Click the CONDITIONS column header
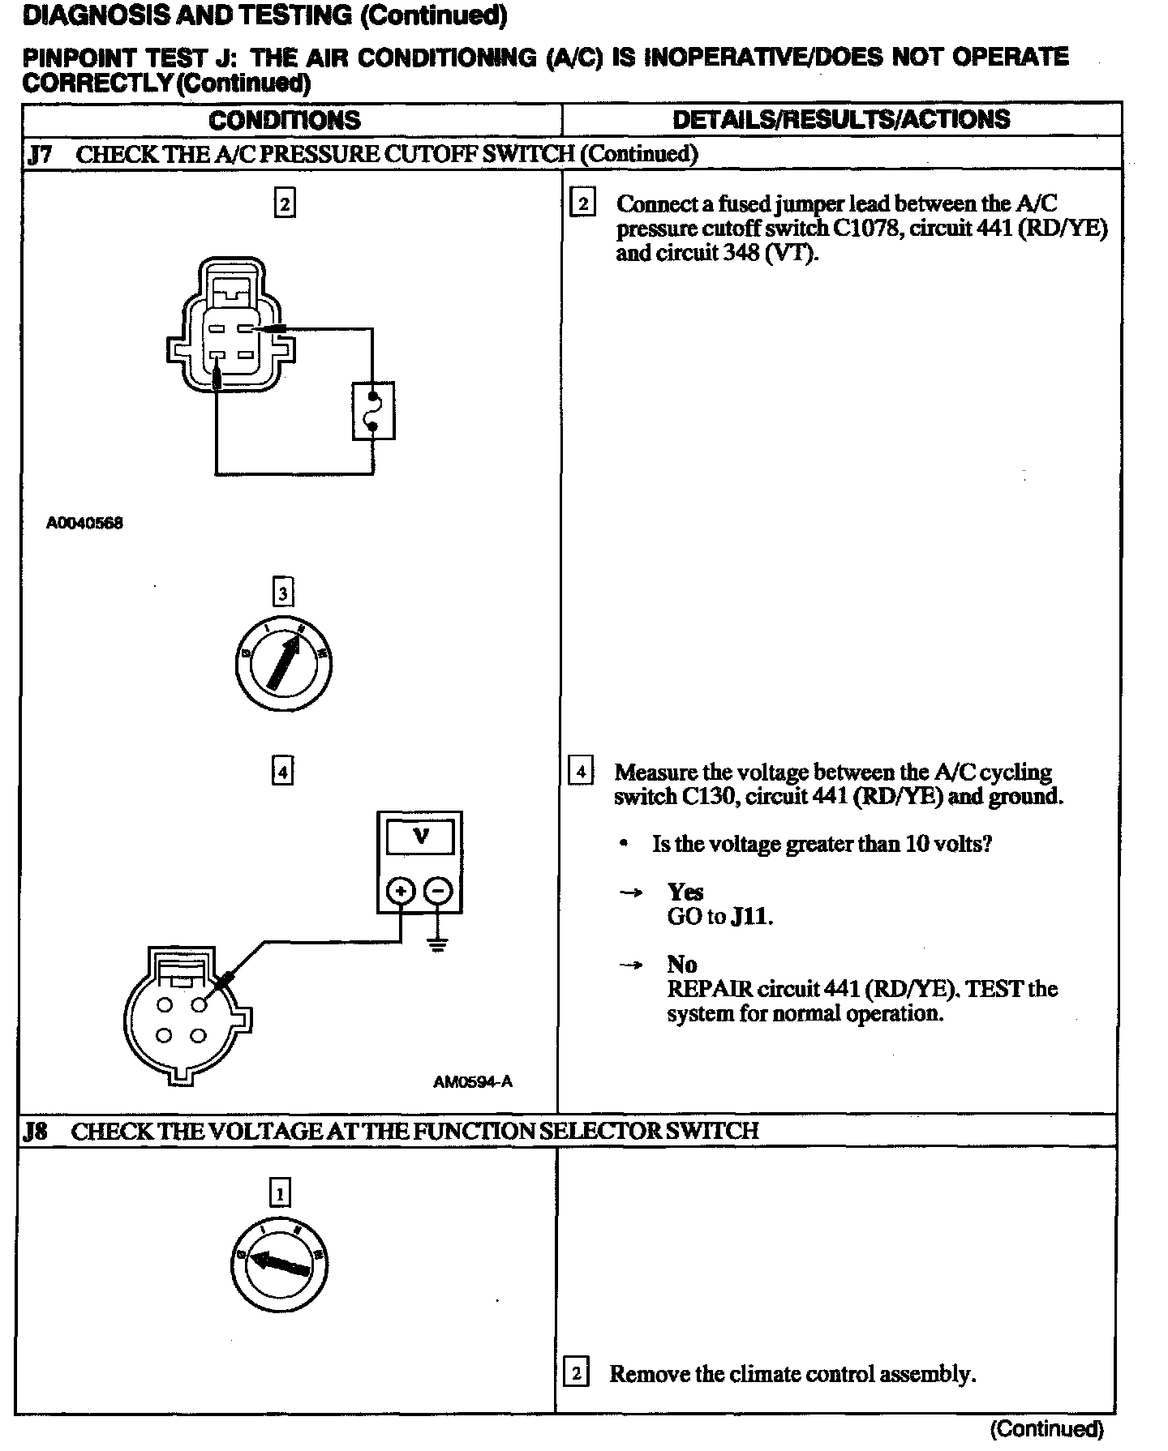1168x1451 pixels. (x=285, y=120)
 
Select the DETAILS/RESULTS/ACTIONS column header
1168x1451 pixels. (x=841, y=119)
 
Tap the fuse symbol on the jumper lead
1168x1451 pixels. (x=373, y=411)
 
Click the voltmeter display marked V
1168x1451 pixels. (x=420, y=836)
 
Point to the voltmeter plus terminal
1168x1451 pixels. (x=400, y=892)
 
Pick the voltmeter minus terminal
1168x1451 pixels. (x=438, y=892)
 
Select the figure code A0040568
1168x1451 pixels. (x=84, y=523)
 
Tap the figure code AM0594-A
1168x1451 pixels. (x=472, y=1081)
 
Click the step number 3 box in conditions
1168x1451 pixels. (x=282, y=593)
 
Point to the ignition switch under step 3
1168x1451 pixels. (x=284, y=666)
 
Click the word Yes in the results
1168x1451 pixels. (x=685, y=892)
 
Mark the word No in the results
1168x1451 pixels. (x=682, y=964)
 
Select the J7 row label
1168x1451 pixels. (x=40, y=154)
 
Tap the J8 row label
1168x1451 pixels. (x=35, y=1131)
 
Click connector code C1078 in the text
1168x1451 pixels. (x=863, y=229)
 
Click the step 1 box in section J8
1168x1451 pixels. (x=280, y=1193)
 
